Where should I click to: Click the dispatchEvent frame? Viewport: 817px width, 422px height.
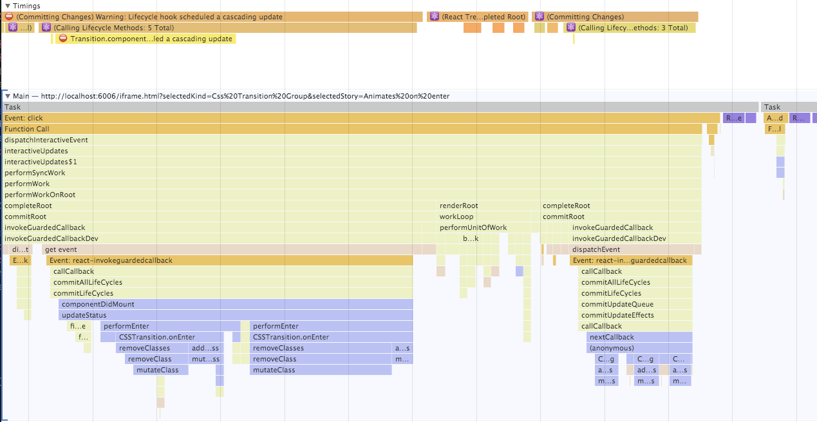(634, 249)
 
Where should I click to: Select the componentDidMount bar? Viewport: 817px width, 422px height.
(236, 304)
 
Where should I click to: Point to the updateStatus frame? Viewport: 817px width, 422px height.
(236, 315)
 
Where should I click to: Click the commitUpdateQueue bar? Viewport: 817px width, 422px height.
(635, 304)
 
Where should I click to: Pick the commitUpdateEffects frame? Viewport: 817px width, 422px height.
(635, 315)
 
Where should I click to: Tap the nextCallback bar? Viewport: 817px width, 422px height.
(640, 337)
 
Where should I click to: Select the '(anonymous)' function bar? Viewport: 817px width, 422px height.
(640, 348)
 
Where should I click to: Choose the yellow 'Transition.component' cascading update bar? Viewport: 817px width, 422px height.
(146, 39)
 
